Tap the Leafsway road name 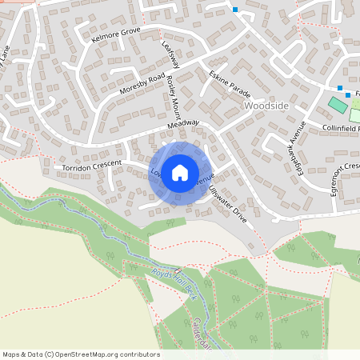point(170,55)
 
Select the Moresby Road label point(142,84)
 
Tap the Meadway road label point(182,125)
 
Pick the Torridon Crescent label point(91,165)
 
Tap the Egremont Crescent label point(347,178)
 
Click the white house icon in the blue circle point(180,171)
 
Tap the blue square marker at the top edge point(235,10)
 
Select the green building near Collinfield point(338,105)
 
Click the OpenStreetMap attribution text point(80,354)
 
